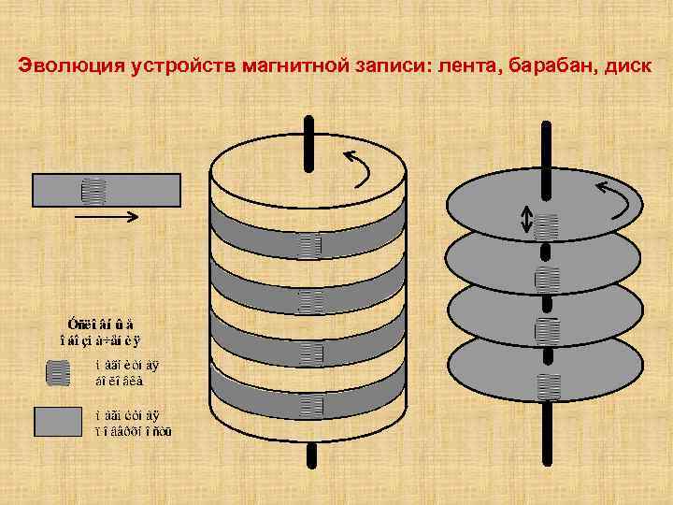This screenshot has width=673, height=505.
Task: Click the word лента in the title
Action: pyautogui.click(x=459, y=66)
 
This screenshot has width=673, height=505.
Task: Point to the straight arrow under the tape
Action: pyautogui.click(x=106, y=218)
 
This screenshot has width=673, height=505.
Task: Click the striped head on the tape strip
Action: pyautogui.click(x=93, y=191)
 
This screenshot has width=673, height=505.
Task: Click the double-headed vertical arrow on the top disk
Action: pyautogui.click(x=526, y=220)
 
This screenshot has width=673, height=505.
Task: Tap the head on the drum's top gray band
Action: pyautogui.click(x=310, y=246)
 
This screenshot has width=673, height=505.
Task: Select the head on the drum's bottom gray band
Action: pyautogui.click(x=310, y=405)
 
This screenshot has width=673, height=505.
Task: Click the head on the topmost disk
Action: pyautogui.click(x=547, y=225)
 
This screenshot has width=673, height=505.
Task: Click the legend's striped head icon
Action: pyautogui.click(x=58, y=373)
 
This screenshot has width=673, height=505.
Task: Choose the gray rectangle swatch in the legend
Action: pyautogui.click(x=58, y=422)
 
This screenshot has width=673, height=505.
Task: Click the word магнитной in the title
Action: pyautogui.click(x=289, y=66)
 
